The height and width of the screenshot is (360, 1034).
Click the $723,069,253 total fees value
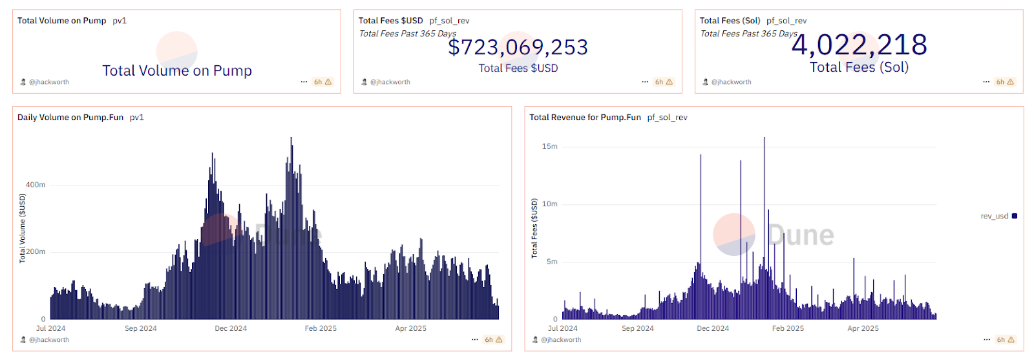[518, 47]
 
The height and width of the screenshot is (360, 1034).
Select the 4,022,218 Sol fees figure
[859, 45]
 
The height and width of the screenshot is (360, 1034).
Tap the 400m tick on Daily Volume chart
[36, 185]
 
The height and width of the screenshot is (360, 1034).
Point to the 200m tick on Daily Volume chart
[36, 252]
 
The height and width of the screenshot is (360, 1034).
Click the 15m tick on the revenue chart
[549, 147]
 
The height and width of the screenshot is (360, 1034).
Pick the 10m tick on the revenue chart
[549, 204]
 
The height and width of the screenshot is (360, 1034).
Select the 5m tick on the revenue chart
[551, 262]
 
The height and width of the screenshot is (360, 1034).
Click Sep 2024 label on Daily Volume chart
[140, 328]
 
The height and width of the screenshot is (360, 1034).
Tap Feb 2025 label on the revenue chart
[788, 328]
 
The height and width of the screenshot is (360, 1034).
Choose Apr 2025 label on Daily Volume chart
[410, 328]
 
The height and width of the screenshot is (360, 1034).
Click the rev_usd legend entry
[998, 217]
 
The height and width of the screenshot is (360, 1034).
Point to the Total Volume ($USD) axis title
[23, 228]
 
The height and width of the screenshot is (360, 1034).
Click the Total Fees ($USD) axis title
[534, 228]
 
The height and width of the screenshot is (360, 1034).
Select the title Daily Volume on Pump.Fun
[70, 118]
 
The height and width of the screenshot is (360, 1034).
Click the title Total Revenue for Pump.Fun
[585, 118]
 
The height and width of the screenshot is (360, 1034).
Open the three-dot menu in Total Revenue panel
[987, 339]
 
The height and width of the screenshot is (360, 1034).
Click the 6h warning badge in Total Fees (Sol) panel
[1004, 82]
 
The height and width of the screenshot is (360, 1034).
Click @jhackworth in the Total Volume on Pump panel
[48, 82]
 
